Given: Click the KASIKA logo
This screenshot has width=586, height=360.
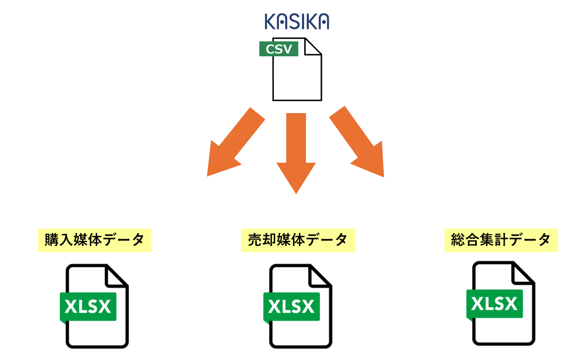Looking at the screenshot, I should click(297, 22).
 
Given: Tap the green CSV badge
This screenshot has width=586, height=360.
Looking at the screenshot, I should click(279, 49).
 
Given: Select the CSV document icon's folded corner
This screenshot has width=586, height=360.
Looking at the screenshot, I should click(313, 46).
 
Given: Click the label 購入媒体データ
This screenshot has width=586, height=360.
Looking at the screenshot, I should click(95, 240).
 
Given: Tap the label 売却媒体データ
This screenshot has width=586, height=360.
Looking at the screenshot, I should click(298, 240).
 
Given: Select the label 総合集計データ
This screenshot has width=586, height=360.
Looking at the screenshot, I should click(501, 240).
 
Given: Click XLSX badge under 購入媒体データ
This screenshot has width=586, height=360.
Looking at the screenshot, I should click(88, 307).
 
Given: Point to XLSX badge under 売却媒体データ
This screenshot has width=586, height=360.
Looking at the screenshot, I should click(292, 307).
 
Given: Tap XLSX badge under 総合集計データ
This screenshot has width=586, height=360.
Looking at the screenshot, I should click(495, 304).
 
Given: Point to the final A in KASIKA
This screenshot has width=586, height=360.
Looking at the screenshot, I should click(323, 22).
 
